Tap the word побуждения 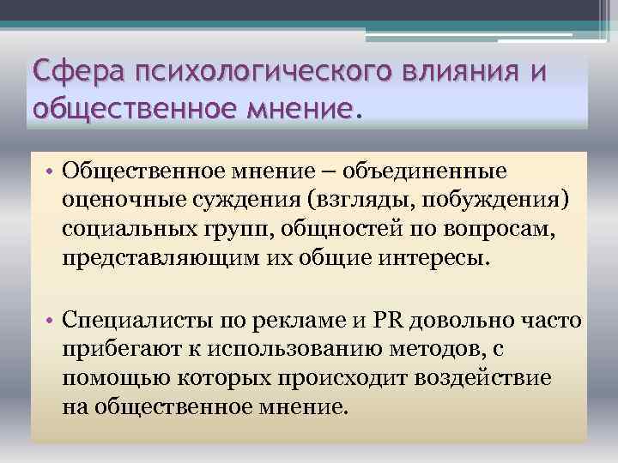click(488, 202)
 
